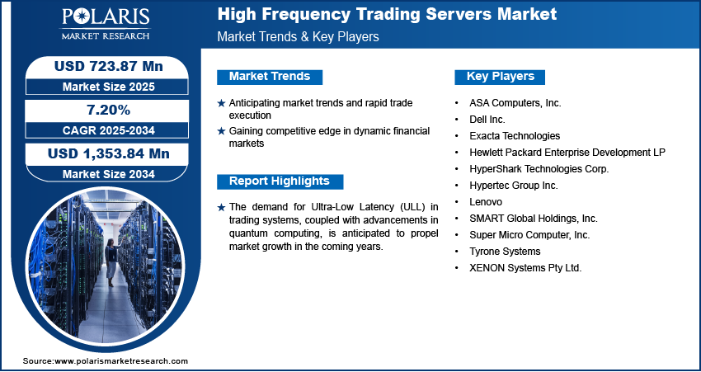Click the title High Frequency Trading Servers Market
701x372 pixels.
(387, 14)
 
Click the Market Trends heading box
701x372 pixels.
(270, 77)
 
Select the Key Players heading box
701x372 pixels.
(501, 77)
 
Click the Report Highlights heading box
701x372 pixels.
(280, 181)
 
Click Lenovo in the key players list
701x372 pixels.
(486, 202)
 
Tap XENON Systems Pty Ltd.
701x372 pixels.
(525, 268)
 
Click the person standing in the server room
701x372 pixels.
(109, 261)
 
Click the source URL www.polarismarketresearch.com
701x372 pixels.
(121, 361)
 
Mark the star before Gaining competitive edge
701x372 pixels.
(221, 131)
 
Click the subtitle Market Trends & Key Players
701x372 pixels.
(298, 37)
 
